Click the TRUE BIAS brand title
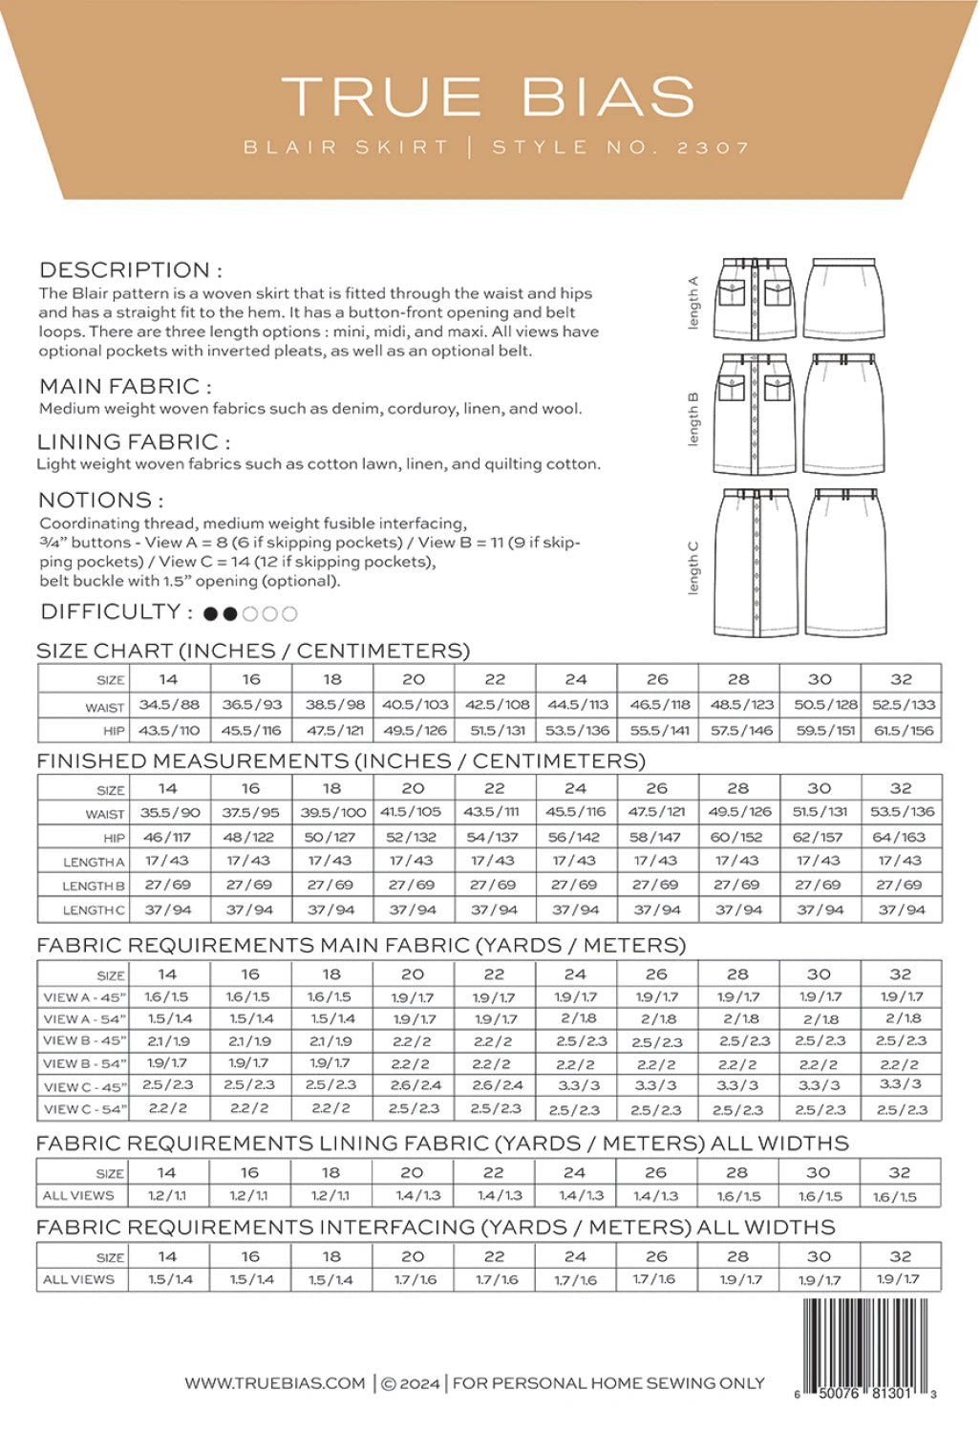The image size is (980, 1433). click(x=488, y=96)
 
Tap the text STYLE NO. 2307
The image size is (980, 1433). click(x=621, y=148)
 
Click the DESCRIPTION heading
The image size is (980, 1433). click(x=130, y=270)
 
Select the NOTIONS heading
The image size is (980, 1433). click(x=100, y=500)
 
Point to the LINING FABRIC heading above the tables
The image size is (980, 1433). click(x=133, y=442)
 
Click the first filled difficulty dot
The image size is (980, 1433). click(x=210, y=614)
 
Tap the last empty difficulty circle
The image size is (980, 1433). click(x=289, y=614)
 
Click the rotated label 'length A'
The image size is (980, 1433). click(x=693, y=303)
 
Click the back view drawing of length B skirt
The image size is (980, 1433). click(x=843, y=414)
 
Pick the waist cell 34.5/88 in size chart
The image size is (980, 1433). click(x=169, y=705)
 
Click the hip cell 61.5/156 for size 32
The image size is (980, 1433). click(x=902, y=731)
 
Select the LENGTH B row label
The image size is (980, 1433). click(x=93, y=886)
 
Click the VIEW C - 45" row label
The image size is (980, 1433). click(x=85, y=1086)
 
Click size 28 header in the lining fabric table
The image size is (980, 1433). click(x=737, y=1172)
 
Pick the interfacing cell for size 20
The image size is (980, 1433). click(x=413, y=1279)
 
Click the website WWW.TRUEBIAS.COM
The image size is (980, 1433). click(x=275, y=1383)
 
